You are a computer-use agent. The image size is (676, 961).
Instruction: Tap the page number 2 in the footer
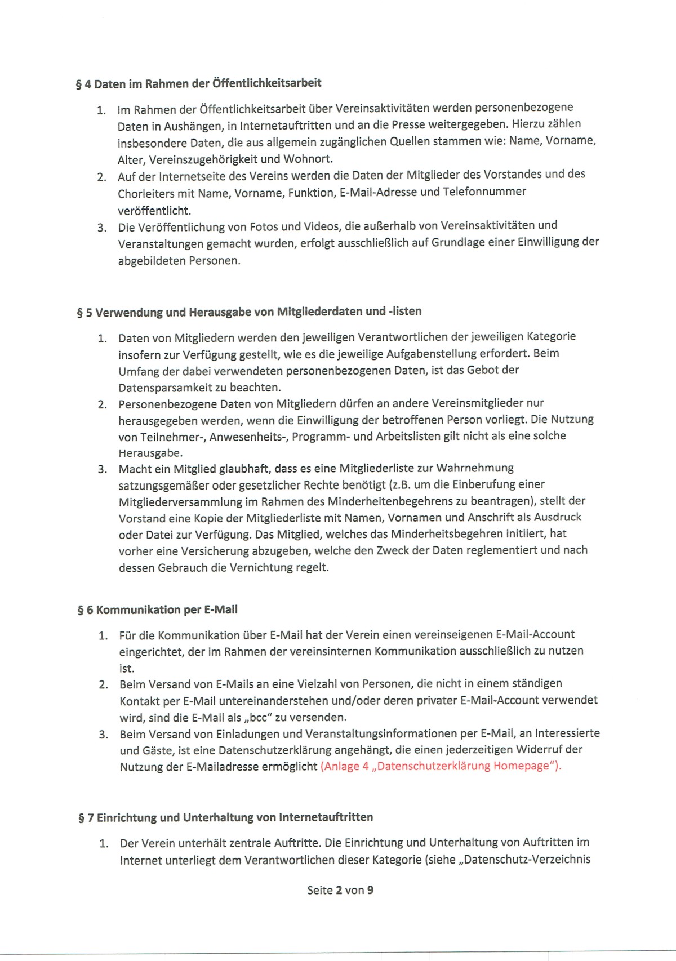tap(339, 891)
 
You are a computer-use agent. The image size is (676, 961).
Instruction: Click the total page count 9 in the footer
tap(370, 891)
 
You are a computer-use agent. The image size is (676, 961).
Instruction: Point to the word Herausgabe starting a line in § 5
tap(150, 453)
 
